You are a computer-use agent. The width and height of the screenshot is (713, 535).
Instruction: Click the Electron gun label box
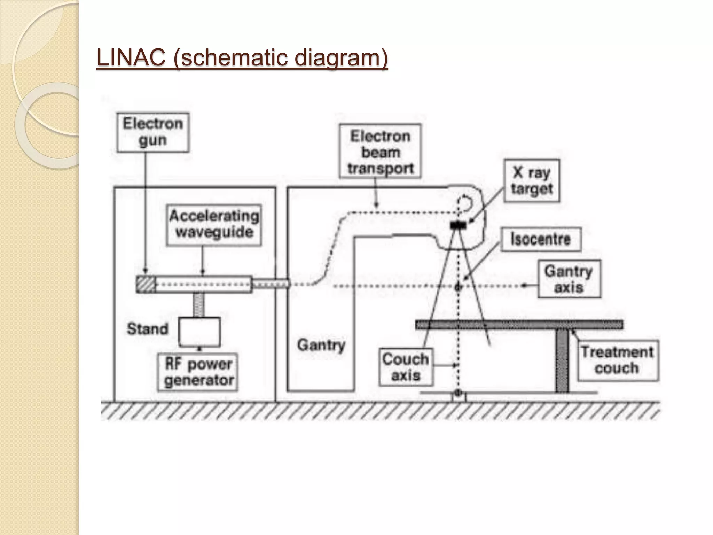coord(152,132)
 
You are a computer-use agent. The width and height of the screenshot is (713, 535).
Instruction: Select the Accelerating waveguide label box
coord(214,225)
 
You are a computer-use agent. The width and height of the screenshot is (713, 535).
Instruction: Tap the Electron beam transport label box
coord(380,152)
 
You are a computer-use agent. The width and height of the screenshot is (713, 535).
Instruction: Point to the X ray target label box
coord(532,181)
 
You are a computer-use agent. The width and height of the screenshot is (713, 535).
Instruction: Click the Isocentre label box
coord(541,239)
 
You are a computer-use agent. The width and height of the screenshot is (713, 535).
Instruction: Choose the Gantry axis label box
coord(569,280)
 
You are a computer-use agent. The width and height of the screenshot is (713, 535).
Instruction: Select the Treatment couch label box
coord(617,360)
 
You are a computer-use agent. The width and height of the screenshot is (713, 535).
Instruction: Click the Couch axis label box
coord(406,367)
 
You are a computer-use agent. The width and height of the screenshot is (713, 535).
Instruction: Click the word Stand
coord(147,329)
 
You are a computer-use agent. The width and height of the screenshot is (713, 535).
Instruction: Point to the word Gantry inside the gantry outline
coord(321,345)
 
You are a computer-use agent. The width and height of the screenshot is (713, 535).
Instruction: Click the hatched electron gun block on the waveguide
coord(145,284)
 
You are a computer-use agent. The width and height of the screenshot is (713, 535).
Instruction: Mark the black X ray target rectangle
coord(458,225)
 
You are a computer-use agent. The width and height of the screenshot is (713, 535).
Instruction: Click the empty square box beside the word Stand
coord(199,331)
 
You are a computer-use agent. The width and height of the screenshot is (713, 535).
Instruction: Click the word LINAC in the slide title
coord(131,58)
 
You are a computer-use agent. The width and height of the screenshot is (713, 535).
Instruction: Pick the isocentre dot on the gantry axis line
coord(458,287)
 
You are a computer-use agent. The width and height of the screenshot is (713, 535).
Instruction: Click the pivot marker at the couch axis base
coord(458,393)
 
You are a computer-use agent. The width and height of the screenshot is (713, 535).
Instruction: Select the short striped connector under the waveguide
coord(198,305)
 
